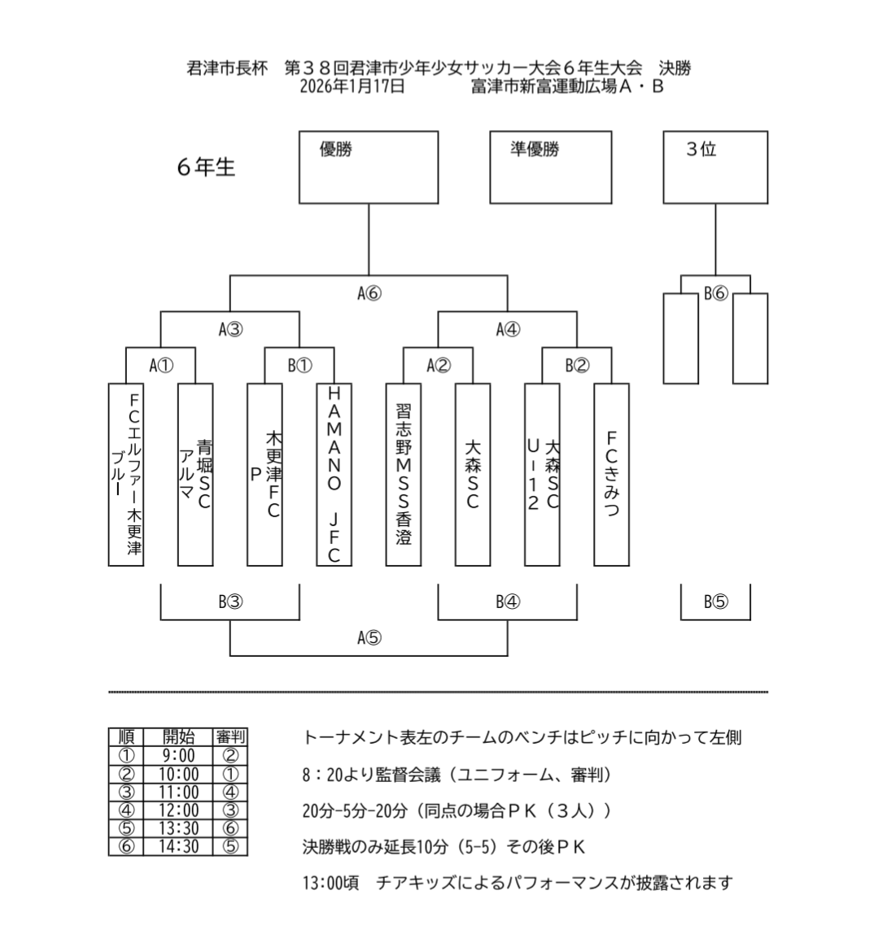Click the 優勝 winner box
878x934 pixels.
[369, 167]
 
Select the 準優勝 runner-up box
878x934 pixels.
[550, 167]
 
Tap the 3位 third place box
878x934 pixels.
[715, 167]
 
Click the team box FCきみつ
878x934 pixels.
[611, 474]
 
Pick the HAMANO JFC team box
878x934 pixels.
[334, 474]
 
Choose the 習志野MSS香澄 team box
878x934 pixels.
[403, 474]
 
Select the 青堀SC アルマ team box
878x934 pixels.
[195, 474]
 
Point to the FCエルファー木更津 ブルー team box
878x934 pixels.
[126, 474]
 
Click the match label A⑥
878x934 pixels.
[369, 293]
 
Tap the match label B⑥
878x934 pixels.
[715, 293]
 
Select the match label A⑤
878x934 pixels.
[369, 637]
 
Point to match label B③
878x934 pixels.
[230, 602]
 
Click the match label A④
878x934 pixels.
[508, 329]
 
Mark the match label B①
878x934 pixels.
[299, 365]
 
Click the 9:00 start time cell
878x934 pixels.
[178, 756]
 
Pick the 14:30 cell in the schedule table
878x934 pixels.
[178, 846]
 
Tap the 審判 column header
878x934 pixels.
[229, 737]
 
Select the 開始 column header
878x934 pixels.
[178, 737]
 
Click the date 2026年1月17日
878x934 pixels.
[352, 86]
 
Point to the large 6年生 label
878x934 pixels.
[206, 167]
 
